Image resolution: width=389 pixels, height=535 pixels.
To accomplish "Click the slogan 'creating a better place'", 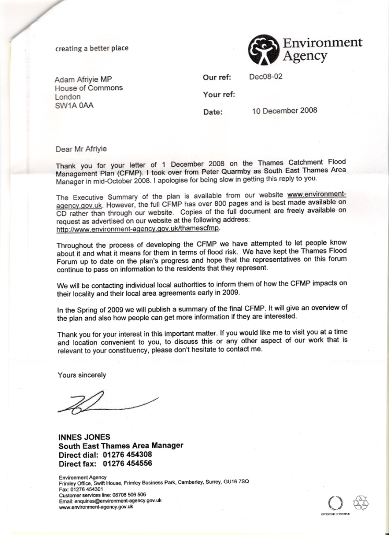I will tap(92, 49).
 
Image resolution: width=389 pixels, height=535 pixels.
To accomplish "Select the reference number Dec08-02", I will tap(266, 77).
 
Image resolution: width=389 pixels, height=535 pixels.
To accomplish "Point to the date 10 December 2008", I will tap(284, 111).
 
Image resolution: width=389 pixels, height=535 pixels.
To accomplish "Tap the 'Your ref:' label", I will tap(219, 95).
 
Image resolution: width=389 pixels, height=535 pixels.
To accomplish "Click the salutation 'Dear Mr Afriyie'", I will tap(81, 149).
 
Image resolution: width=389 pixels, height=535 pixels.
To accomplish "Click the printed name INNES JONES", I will tap(85, 437).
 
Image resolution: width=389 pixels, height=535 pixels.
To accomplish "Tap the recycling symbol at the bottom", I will tap(361, 503).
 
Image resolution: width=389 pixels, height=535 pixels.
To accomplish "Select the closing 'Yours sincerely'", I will tap(82, 375).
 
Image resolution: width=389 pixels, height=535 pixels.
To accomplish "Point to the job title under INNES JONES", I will tap(121, 446).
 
